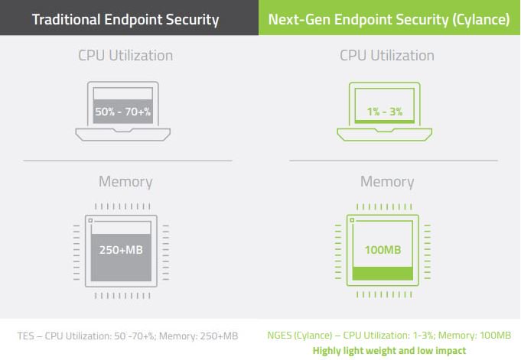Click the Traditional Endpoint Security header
[x=125, y=18]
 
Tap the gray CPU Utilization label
[x=125, y=56]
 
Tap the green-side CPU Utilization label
[x=386, y=56]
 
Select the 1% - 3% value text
[x=386, y=112]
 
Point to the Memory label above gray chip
[x=125, y=182]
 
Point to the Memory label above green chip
[x=386, y=182]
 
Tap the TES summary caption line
[x=129, y=336]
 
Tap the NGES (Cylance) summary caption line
[x=389, y=336]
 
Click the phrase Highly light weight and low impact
[x=389, y=350]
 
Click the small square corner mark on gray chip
[x=90, y=221]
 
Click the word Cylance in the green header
[x=483, y=18]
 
